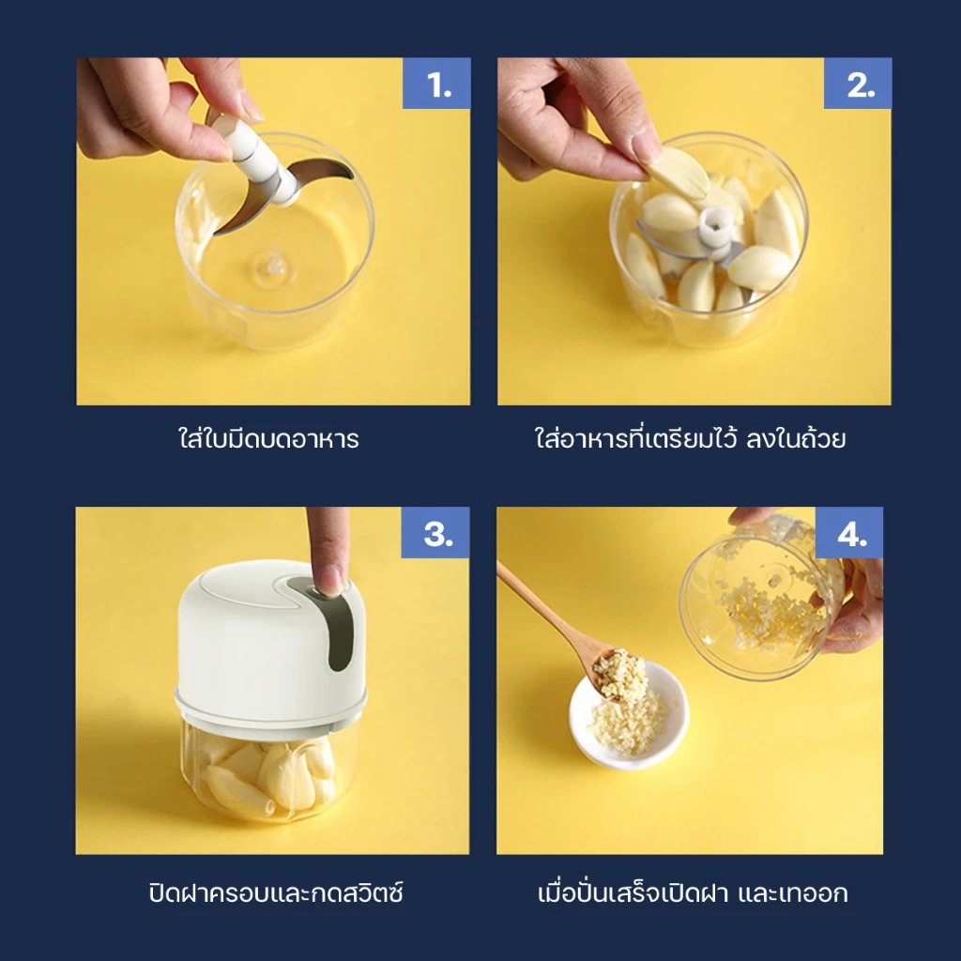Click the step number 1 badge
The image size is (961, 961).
[436, 84]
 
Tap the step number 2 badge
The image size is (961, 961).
[858, 84]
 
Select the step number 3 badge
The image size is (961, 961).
[435, 532]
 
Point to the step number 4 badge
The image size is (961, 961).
[848, 532]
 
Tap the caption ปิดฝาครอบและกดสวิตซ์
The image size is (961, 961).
[276, 892]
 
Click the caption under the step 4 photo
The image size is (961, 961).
[693, 892]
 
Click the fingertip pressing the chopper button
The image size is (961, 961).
[330, 578]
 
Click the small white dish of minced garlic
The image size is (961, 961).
[629, 714]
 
